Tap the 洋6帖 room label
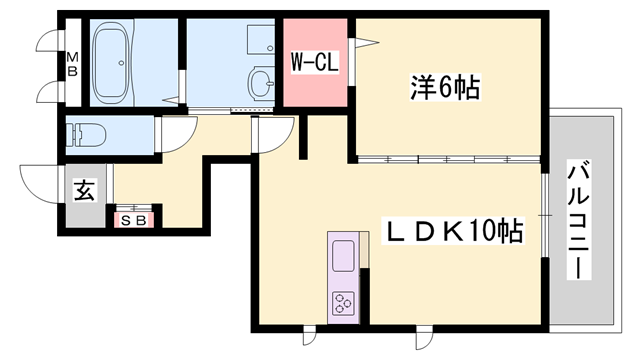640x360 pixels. (444, 88)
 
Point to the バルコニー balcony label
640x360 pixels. (579, 220)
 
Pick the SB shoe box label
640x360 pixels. (131, 217)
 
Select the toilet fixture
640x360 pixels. (90, 132)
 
